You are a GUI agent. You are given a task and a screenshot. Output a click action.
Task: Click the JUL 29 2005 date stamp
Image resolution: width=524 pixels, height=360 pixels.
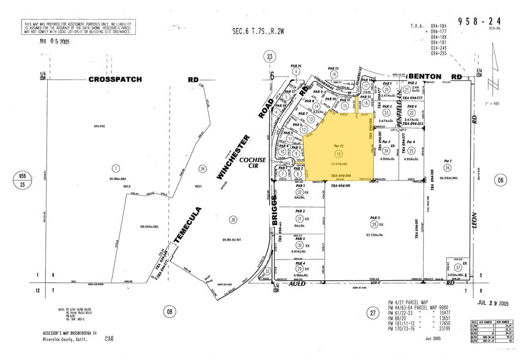pyautogui.click(x=490, y=303)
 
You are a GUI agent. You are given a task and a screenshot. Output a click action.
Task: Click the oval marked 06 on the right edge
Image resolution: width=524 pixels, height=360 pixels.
pyautogui.click(x=503, y=180)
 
